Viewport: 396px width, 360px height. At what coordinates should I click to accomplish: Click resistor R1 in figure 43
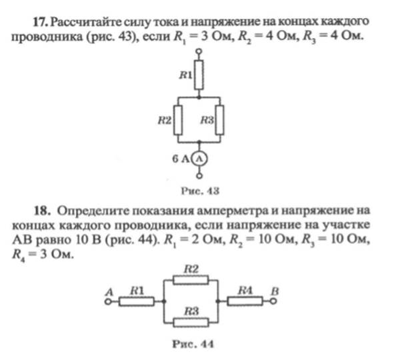point(199,75)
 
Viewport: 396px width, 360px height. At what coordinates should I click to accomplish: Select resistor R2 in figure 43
point(178,120)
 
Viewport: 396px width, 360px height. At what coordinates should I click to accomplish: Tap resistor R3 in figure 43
point(219,120)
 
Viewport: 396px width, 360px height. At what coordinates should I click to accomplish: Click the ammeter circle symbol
point(199,159)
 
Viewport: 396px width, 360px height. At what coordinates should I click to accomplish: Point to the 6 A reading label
point(181,159)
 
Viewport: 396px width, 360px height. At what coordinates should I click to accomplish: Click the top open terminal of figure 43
point(199,51)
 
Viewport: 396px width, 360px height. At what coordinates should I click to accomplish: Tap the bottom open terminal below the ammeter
point(199,176)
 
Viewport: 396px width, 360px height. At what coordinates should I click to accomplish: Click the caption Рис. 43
point(200,191)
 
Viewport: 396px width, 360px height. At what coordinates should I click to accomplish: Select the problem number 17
point(41,22)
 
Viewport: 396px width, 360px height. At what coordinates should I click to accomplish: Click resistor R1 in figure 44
point(137,301)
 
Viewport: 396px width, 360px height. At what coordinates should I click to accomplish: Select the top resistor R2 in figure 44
point(191,280)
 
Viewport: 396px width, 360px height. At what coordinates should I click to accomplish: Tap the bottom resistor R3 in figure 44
point(191,323)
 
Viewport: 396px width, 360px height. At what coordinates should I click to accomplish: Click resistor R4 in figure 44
point(245,301)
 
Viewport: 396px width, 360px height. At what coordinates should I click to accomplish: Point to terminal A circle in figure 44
point(108,301)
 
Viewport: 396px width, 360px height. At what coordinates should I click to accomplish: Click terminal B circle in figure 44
point(273,301)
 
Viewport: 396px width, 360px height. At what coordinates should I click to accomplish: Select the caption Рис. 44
point(193,344)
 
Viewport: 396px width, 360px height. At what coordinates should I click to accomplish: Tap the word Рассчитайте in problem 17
point(86,22)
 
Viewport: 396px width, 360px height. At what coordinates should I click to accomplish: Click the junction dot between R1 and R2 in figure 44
point(164,301)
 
